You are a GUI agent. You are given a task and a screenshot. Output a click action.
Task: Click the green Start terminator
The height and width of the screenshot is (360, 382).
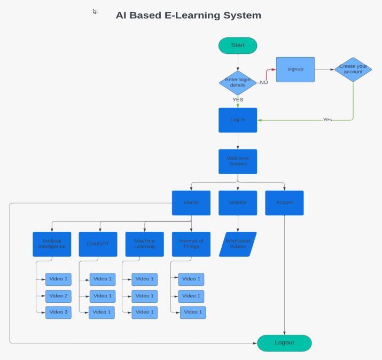click(x=238, y=45)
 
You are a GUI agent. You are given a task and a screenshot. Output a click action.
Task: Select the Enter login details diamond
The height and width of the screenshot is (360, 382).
click(x=238, y=83)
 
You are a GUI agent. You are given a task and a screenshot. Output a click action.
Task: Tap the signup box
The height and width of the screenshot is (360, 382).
click(x=295, y=69)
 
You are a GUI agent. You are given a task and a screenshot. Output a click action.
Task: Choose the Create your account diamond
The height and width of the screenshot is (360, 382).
click(x=353, y=69)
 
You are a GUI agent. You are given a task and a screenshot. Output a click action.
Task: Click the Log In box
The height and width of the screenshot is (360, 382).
click(x=238, y=120)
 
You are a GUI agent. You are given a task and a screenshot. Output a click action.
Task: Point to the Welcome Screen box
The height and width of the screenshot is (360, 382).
click(x=238, y=161)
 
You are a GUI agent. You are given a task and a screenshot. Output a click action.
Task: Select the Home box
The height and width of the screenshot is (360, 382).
click(x=191, y=203)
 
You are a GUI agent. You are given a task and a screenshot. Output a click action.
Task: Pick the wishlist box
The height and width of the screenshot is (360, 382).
click(x=238, y=203)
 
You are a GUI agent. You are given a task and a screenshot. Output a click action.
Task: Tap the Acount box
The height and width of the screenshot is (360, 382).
click(x=284, y=203)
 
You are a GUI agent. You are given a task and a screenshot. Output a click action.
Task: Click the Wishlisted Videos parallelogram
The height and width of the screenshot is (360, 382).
click(x=238, y=244)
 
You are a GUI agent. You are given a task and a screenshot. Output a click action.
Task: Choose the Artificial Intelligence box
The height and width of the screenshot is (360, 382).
click(x=52, y=244)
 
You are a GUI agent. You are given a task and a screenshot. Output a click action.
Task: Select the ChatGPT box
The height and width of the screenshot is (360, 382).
click(x=98, y=244)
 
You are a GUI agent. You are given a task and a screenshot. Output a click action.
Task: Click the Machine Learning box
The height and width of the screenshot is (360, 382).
click(x=144, y=244)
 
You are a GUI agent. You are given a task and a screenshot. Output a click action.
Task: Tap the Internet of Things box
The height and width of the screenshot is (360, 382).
click(x=191, y=244)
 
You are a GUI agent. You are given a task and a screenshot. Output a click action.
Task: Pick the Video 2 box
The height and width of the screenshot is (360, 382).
click(x=58, y=296)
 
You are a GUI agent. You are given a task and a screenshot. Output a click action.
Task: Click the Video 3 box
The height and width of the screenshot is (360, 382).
click(x=58, y=312)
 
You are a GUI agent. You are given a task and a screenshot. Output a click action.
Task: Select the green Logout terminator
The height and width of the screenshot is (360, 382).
click(x=284, y=343)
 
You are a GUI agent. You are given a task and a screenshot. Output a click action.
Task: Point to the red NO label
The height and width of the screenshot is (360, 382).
click(x=264, y=83)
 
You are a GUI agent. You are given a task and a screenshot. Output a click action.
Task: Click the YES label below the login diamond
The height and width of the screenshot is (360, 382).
click(x=238, y=99)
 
